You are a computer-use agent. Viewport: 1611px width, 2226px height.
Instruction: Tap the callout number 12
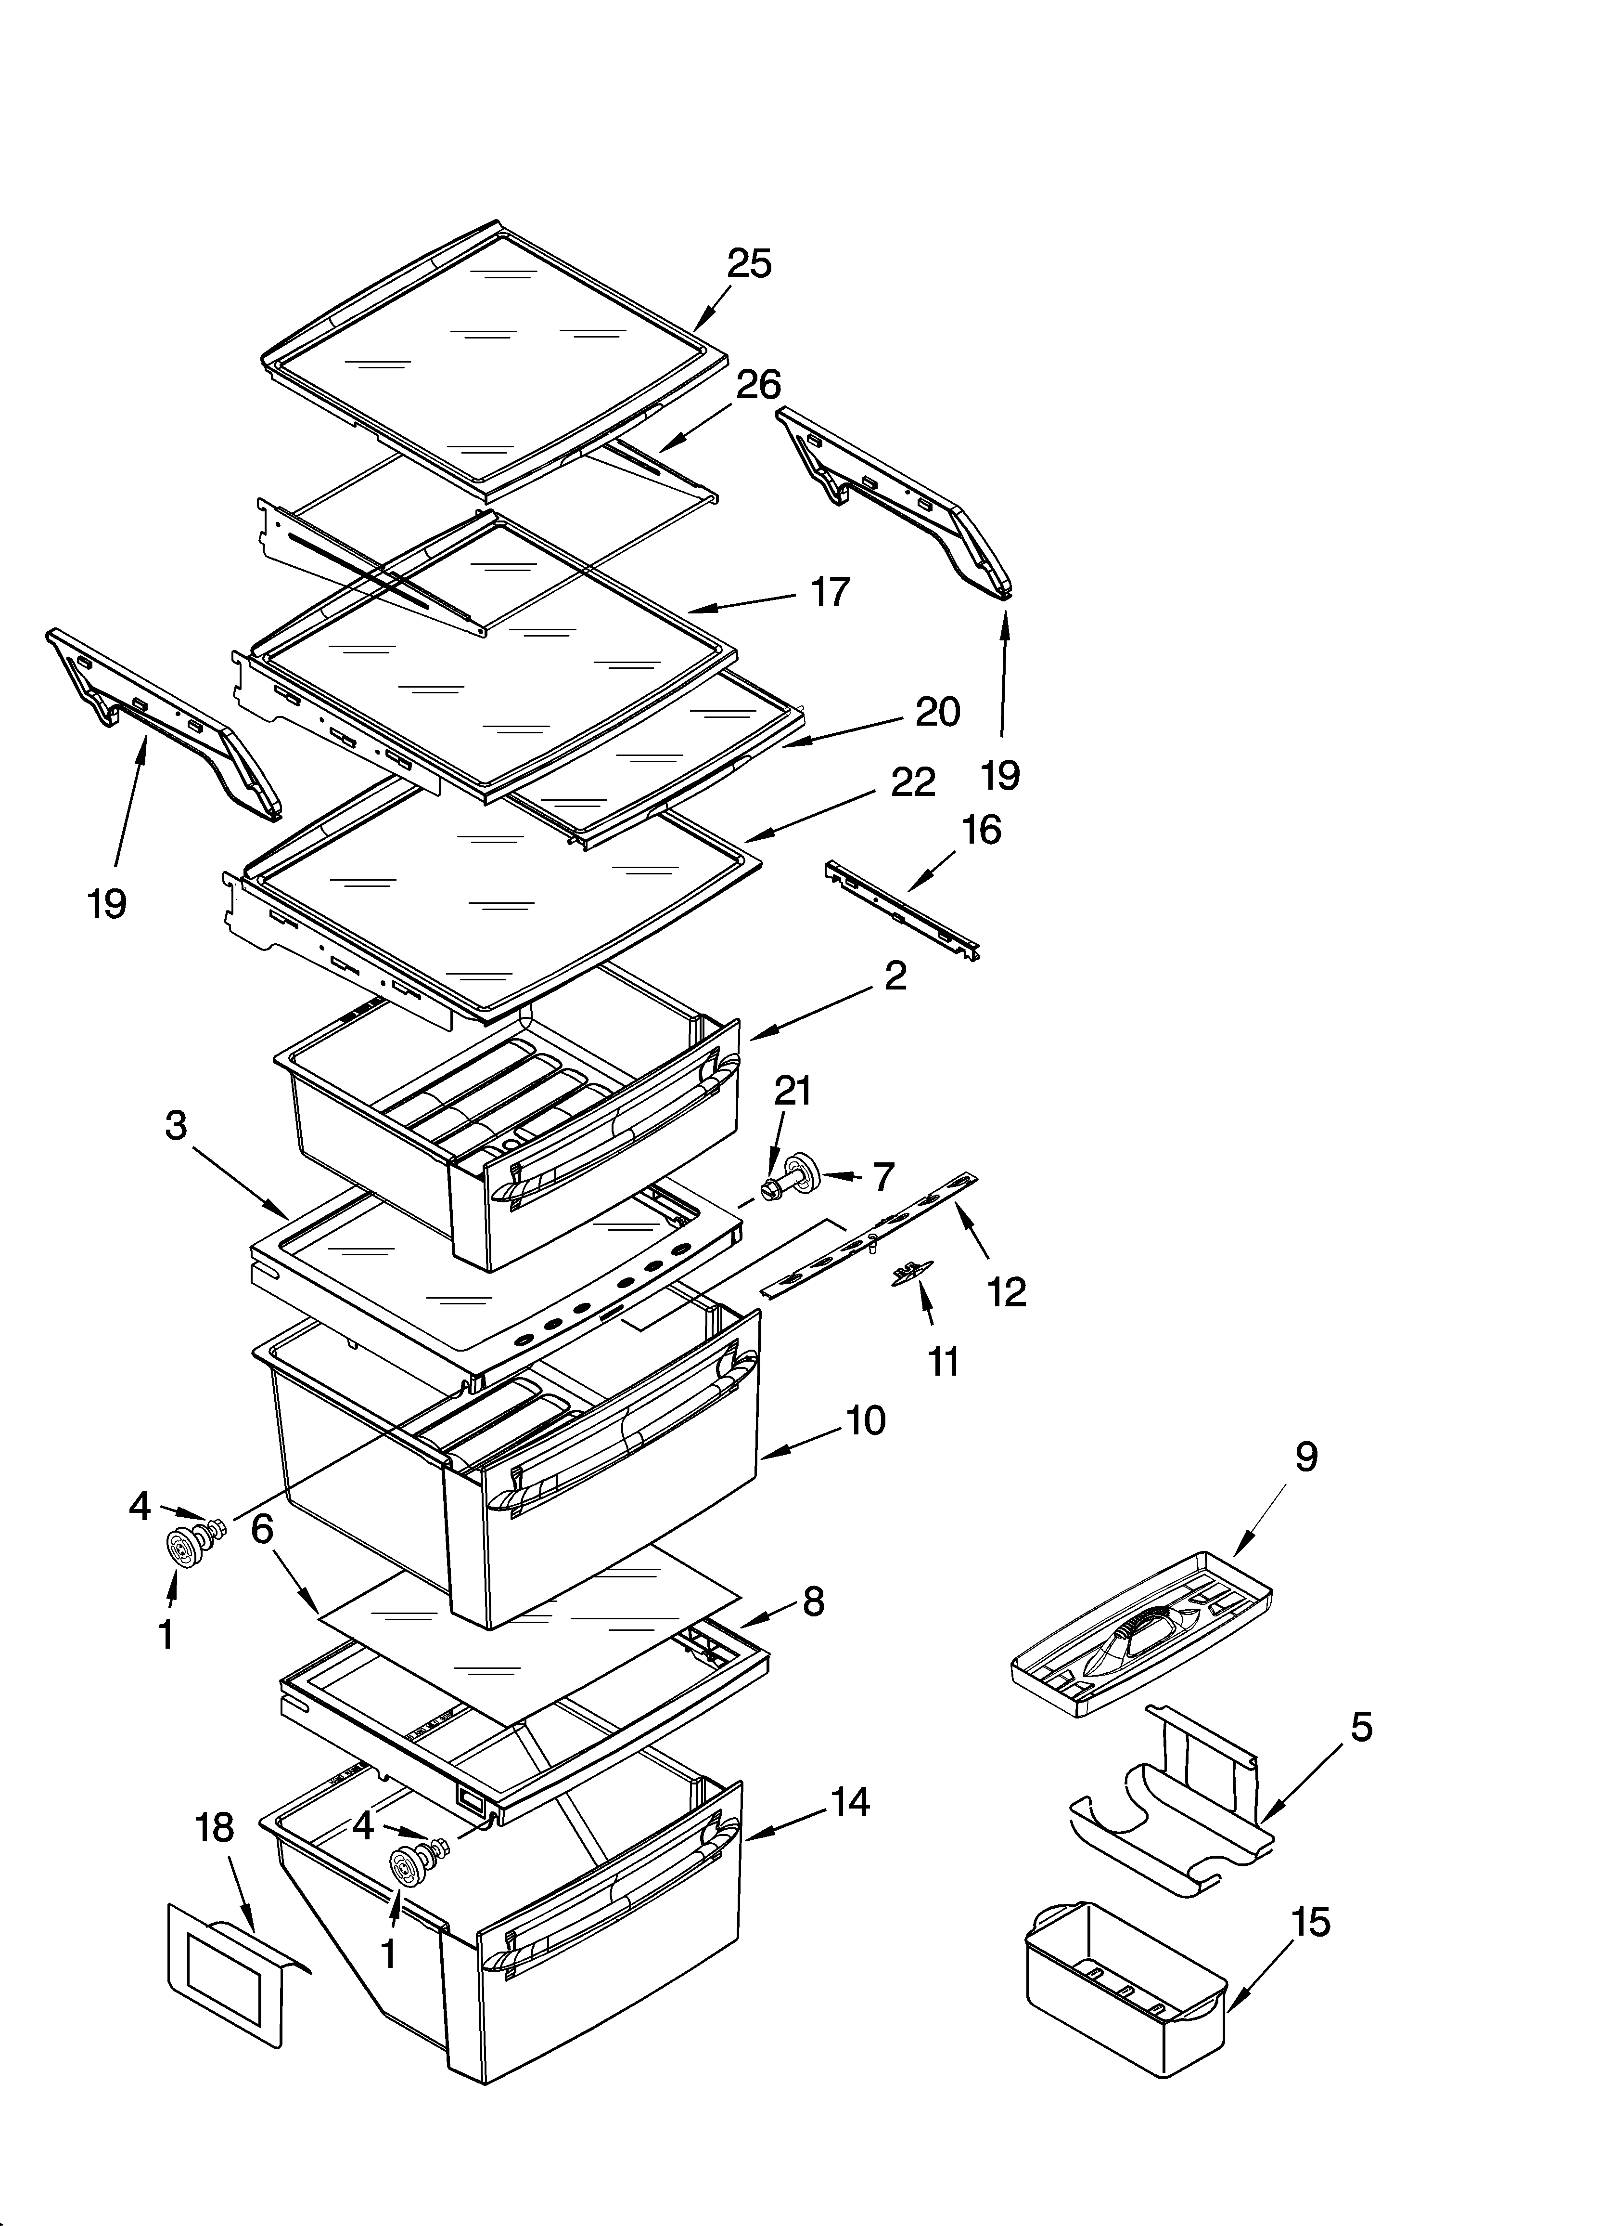[1007, 1291]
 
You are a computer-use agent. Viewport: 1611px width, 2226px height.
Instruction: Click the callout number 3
[176, 1126]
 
